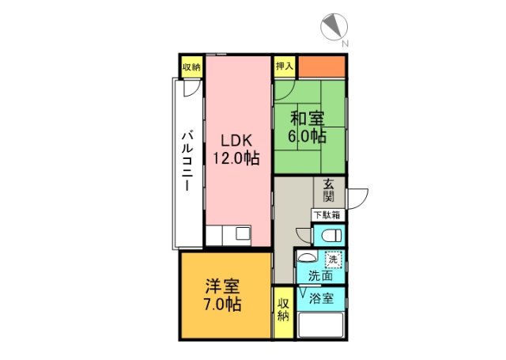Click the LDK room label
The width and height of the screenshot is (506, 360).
(x=235, y=140)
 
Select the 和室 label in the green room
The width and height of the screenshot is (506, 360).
(x=308, y=119)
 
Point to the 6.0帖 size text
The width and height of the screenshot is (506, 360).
(x=308, y=136)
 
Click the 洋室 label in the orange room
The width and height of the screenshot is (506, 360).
(x=222, y=286)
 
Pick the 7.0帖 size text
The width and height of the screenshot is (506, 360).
(x=222, y=304)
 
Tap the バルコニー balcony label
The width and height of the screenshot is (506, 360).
(x=187, y=163)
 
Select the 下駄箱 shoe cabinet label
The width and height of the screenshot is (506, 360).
(x=327, y=214)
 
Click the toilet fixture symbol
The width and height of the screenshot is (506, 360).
(x=331, y=235)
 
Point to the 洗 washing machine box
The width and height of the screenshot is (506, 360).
(x=334, y=260)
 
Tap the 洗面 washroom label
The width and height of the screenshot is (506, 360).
(x=319, y=277)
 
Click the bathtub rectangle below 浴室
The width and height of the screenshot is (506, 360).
(x=319, y=326)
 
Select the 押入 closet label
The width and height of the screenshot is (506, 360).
(x=284, y=66)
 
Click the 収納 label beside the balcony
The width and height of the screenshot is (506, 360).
(x=191, y=66)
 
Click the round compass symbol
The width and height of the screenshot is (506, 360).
(x=333, y=27)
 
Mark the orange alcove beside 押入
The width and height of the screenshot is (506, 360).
(x=320, y=66)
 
